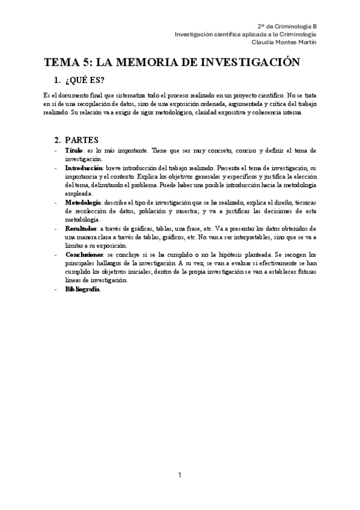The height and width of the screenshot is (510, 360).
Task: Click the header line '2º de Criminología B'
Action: [x=287, y=27]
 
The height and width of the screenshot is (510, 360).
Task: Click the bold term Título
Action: [x=74, y=150]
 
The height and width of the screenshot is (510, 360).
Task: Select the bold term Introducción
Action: [x=84, y=167]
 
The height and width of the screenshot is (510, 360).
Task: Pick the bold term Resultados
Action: [x=81, y=229]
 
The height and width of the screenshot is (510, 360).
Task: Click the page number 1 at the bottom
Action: [x=180, y=476]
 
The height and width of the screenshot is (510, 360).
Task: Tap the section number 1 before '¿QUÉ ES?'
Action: [x=57, y=81]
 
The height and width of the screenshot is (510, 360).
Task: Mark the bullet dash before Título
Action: [x=56, y=150]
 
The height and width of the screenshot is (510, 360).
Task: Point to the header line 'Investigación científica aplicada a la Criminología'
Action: [x=245, y=34]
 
